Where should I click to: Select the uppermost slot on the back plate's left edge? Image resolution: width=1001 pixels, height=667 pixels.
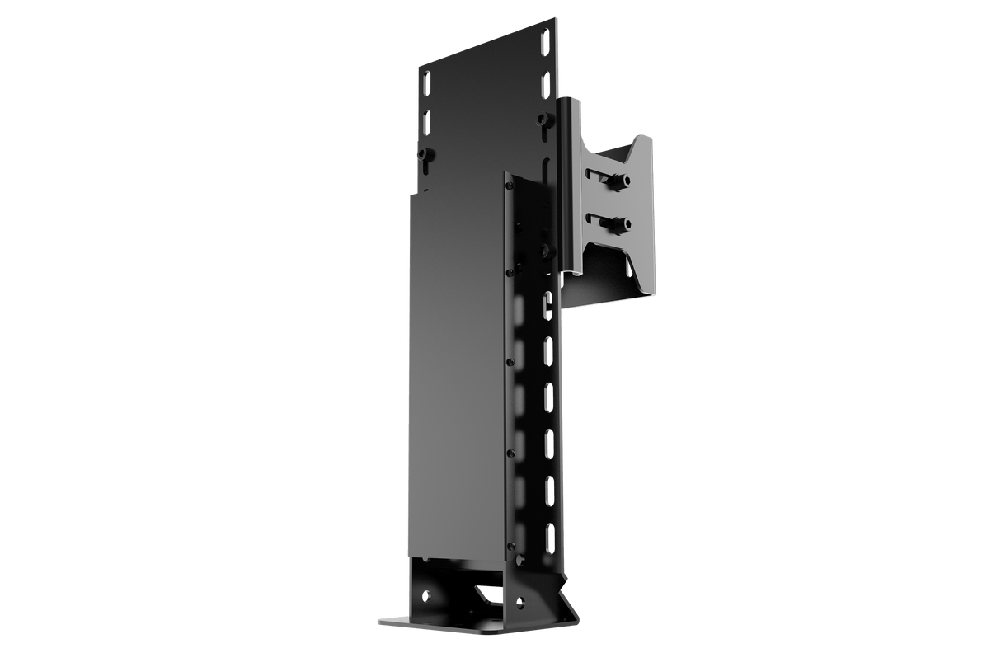click(x=426, y=84)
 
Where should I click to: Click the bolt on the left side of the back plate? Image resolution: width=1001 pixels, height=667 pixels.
click(x=424, y=154)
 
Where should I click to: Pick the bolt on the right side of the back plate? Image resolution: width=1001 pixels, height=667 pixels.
click(x=542, y=120)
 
